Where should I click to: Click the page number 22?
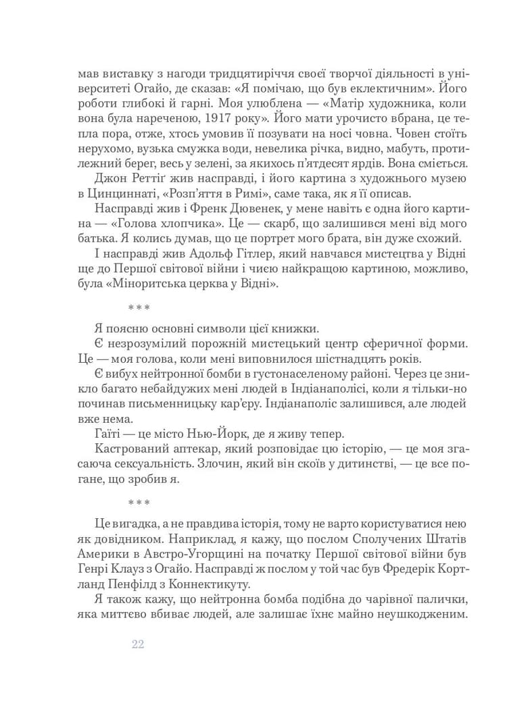[138, 644]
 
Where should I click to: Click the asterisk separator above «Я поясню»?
[139, 308]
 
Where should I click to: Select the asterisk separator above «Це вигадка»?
[139, 503]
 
